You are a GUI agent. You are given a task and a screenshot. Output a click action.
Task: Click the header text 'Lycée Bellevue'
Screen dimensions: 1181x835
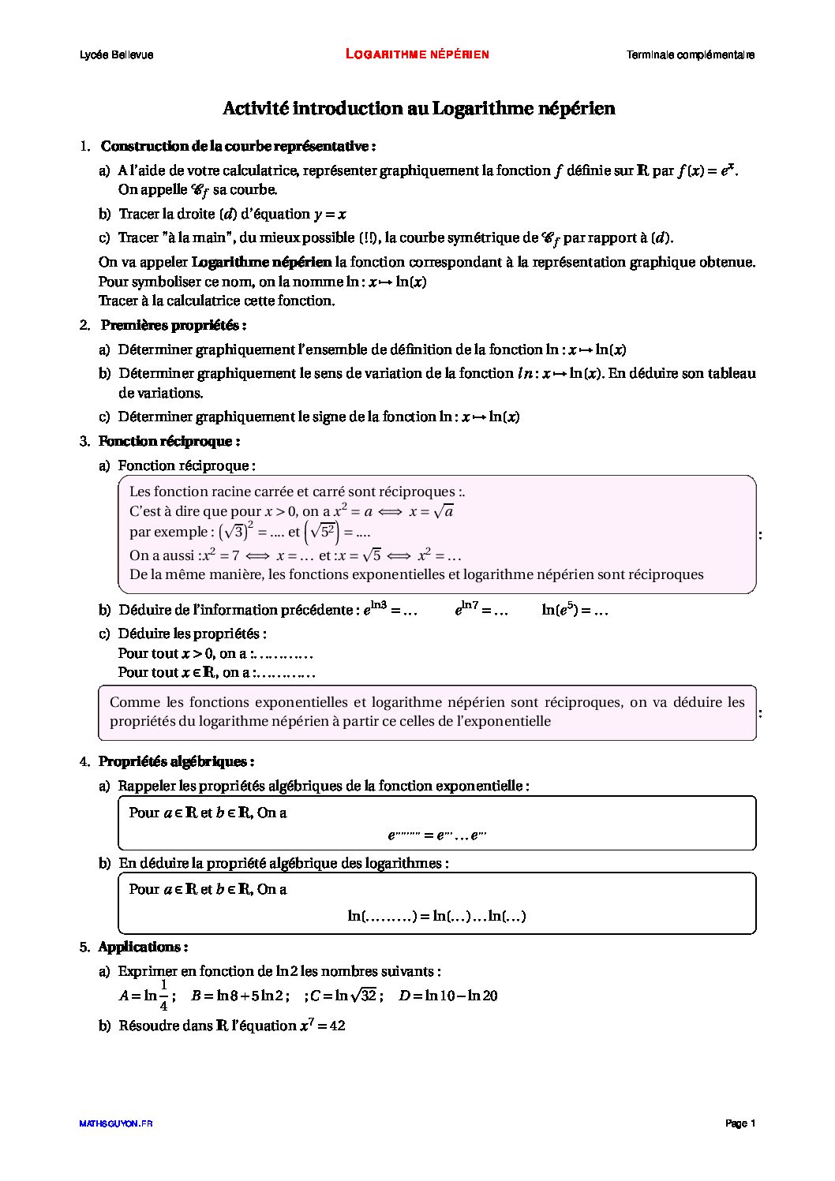click(117, 54)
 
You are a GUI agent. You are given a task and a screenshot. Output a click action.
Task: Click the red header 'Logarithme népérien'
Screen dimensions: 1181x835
click(417, 54)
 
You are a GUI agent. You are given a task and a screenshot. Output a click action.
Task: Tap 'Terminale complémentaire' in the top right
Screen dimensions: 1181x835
click(690, 54)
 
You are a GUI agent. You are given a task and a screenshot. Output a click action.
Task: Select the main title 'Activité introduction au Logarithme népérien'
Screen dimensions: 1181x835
click(418, 108)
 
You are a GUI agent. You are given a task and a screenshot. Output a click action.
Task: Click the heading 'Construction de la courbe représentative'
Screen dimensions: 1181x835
click(238, 146)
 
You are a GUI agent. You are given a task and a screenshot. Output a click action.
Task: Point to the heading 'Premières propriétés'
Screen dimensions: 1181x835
click(174, 325)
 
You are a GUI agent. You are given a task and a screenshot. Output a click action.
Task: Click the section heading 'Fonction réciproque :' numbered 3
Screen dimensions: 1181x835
click(169, 441)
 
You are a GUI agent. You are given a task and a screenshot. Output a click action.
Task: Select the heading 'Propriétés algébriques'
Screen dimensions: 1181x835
click(176, 761)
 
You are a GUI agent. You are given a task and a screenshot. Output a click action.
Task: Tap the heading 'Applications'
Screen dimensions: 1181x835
click(143, 947)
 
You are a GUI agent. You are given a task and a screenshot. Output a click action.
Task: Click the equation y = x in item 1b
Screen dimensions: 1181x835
click(331, 214)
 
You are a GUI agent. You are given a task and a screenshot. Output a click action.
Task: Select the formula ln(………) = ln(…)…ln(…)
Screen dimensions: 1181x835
click(436, 916)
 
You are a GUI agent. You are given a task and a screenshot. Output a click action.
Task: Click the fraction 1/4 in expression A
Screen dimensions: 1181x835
click(163, 996)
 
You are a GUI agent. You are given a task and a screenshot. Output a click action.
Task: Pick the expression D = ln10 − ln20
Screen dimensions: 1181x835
click(448, 996)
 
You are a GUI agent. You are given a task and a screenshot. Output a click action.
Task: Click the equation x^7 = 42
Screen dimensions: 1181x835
click(322, 1026)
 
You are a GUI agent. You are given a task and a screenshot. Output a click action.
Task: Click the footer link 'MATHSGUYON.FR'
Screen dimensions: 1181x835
click(116, 1123)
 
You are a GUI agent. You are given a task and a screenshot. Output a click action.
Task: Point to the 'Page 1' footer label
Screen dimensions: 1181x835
click(740, 1123)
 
